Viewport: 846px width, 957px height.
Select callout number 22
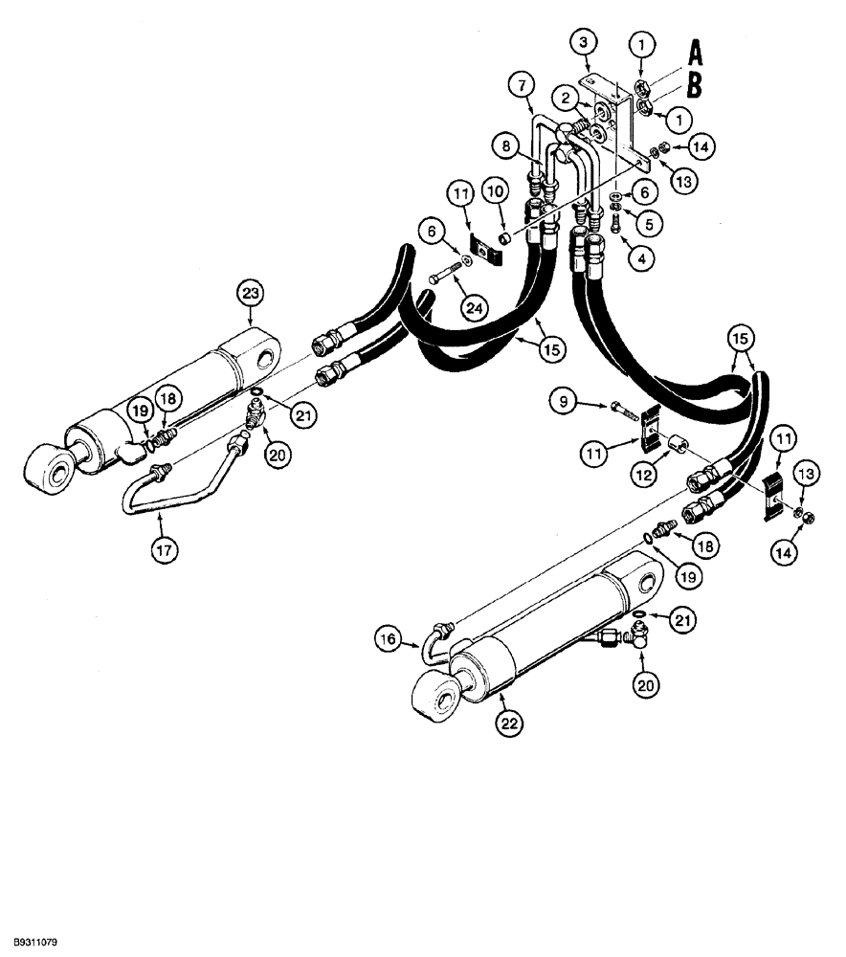[x=509, y=724]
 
